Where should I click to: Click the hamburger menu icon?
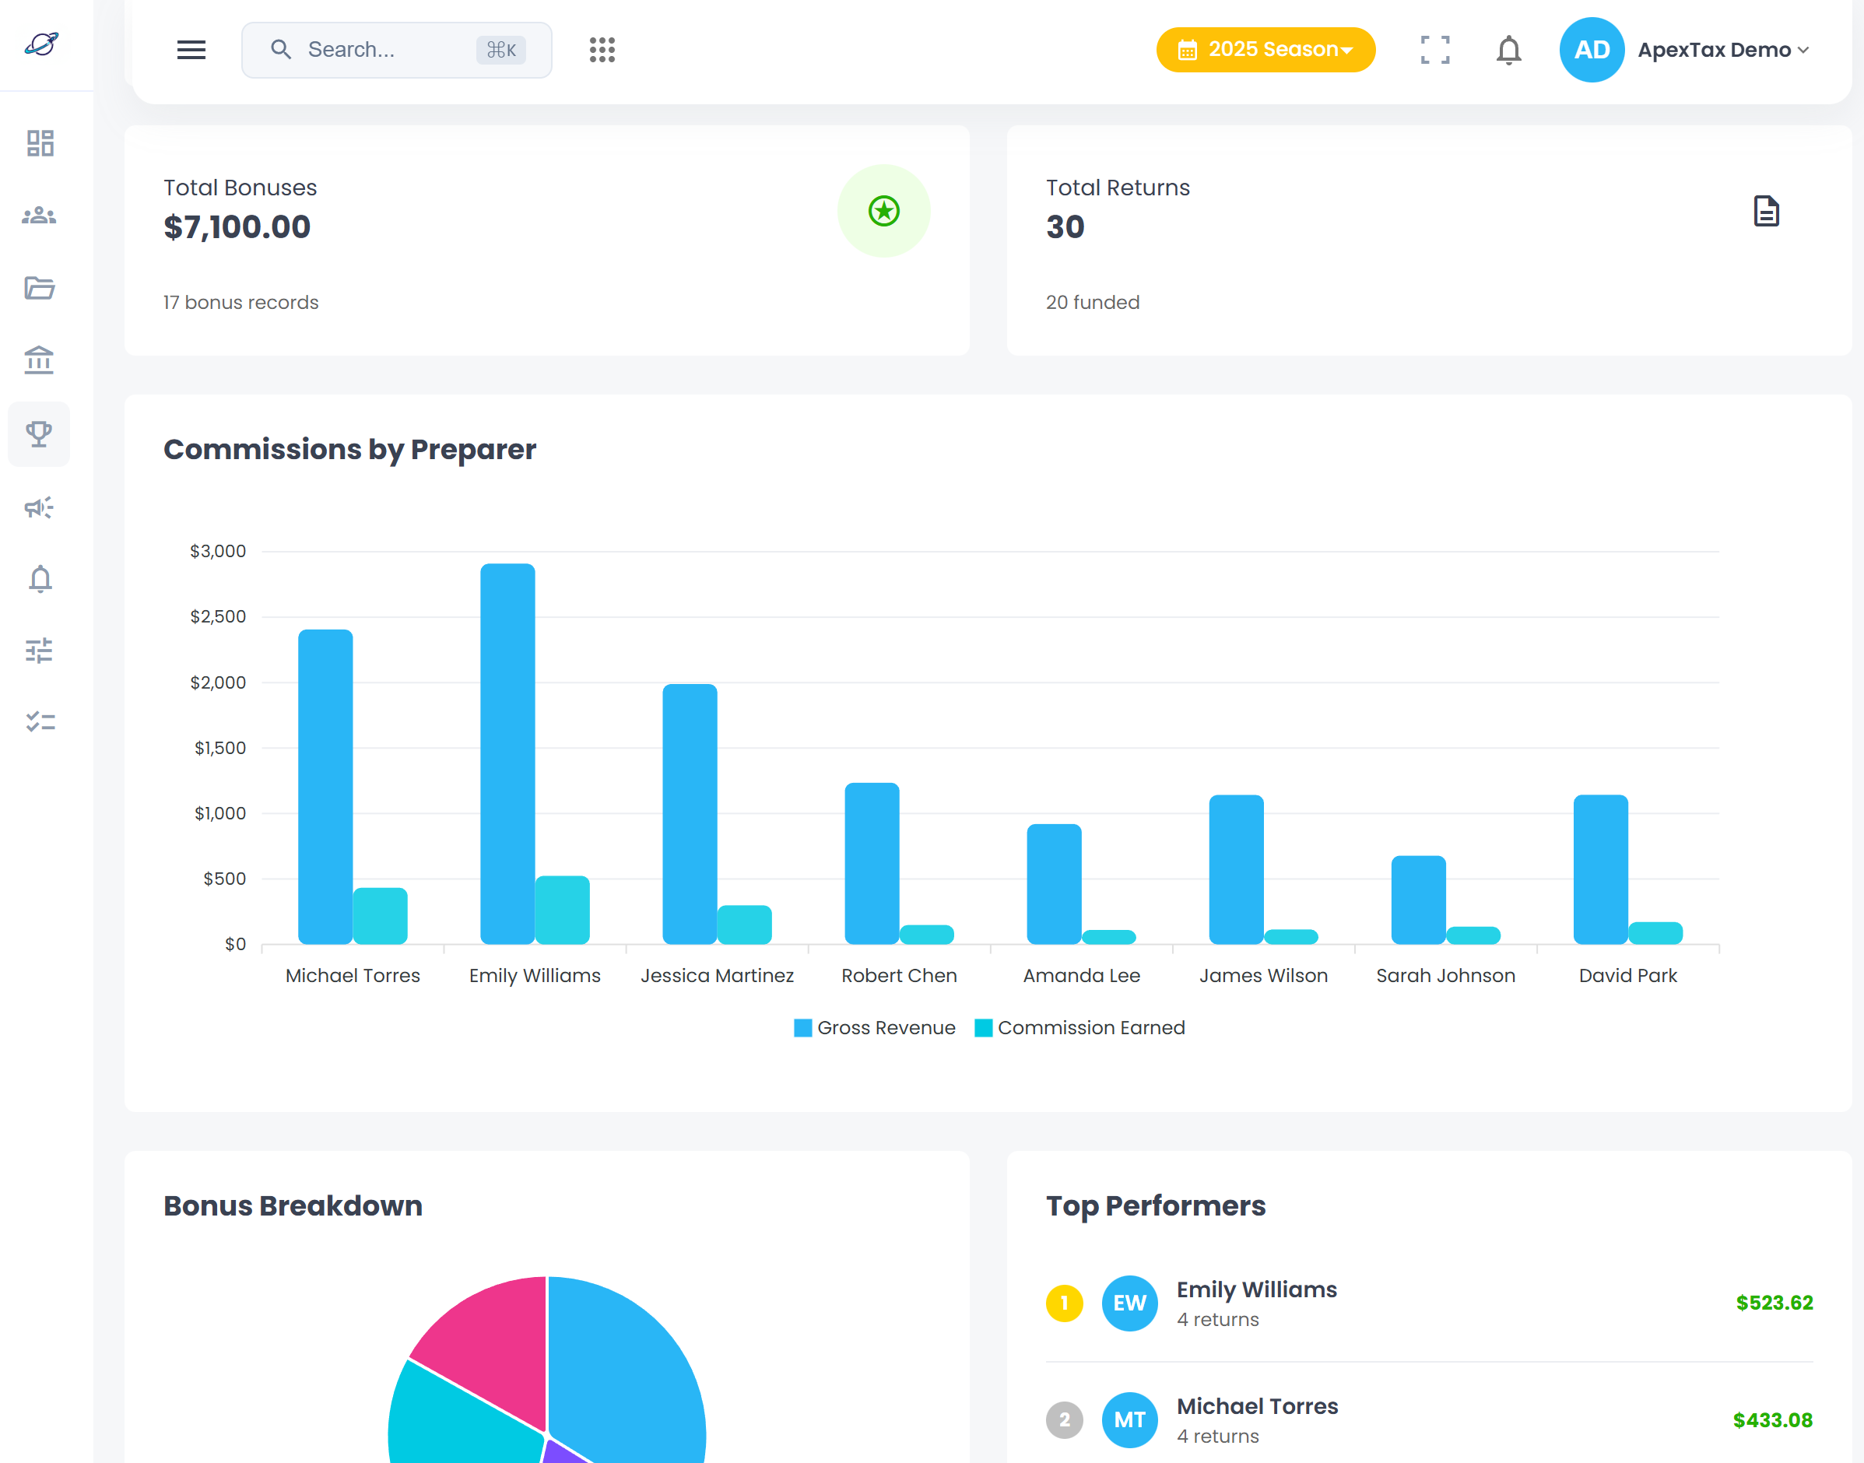(191, 50)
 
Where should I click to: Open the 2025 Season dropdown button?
(1265, 50)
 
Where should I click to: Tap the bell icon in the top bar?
(1508, 50)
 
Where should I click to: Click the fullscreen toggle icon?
(1435, 50)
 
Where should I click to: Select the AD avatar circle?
(1591, 50)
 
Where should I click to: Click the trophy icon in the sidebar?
(40, 434)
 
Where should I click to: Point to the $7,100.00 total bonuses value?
(237, 227)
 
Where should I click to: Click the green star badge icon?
(883, 211)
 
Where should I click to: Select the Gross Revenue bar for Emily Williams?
(507, 754)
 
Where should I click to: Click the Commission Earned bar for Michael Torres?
(380, 916)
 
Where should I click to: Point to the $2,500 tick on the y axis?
(218, 617)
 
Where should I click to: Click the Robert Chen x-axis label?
(899, 976)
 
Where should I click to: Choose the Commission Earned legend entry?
(1080, 1028)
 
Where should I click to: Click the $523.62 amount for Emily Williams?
(1773, 1303)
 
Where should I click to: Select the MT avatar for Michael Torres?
(1129, 1419)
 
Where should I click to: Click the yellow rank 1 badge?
(1064, 1303)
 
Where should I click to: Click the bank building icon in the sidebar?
(40, 360)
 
